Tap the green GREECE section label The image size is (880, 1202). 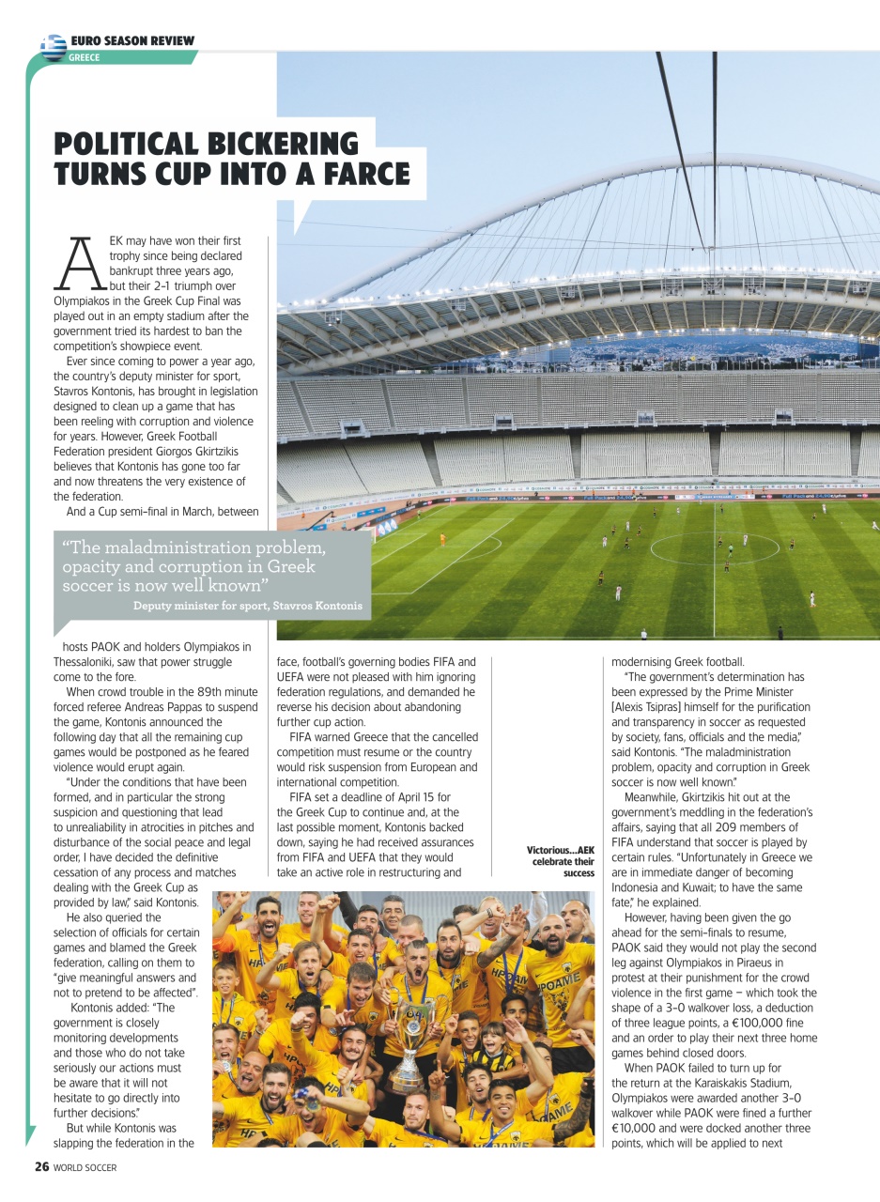pos(85,57)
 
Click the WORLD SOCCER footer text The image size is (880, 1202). pos(85,1168)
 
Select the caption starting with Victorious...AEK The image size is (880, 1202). pos(561,861)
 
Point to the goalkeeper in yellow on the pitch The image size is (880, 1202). pos(442,540)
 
